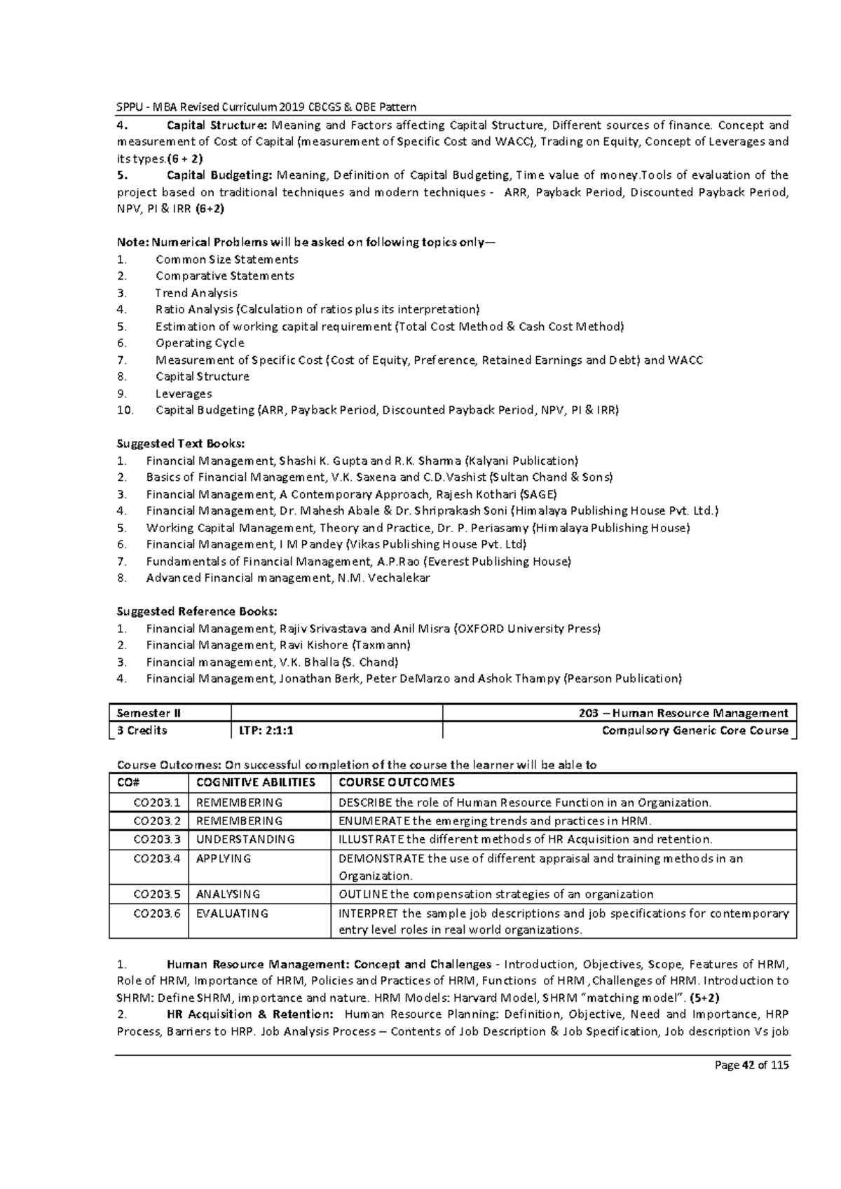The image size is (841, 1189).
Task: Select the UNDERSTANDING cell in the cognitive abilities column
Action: [245, 839]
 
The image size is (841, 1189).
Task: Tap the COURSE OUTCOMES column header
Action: [397, 782]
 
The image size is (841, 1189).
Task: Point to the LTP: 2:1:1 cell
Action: [262, 731]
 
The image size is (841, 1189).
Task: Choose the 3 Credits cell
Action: [142, 731]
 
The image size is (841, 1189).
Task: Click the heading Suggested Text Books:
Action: [181, 444]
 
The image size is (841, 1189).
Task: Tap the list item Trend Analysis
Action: [196, 293]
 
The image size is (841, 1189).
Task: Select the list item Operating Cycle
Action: [200, 343]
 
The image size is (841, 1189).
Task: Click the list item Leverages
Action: [184, 393]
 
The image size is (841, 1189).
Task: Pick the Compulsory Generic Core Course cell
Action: [695, 731]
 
